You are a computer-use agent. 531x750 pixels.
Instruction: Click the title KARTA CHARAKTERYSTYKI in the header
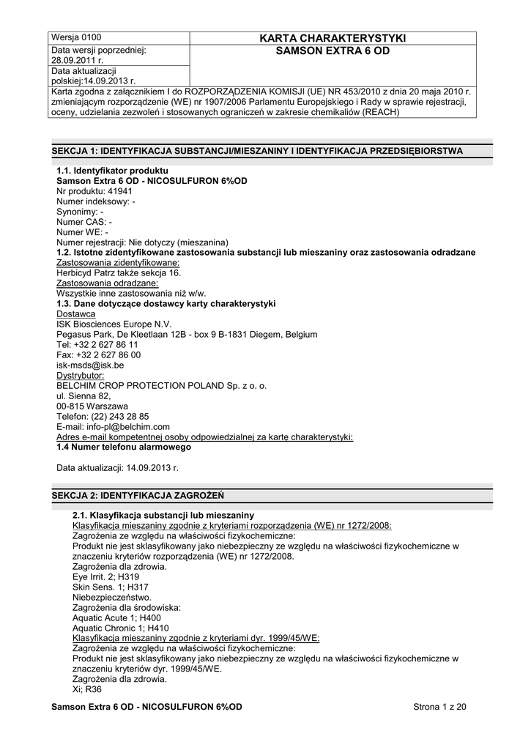[x=333, y=38]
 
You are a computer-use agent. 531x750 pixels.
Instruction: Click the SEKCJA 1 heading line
[x=256, y=151]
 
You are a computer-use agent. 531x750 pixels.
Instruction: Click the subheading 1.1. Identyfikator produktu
[x=107, y=170]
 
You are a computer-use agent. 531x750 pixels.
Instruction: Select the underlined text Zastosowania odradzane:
[x=108, y=283]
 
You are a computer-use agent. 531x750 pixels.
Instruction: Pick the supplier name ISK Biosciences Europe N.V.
[x=114, y=324]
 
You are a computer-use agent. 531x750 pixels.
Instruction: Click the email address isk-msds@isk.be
[x=90, y=365]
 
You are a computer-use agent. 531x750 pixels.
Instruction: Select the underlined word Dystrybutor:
[x=81, y=375]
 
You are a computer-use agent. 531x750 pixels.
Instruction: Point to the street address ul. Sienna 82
[x=83, y=396]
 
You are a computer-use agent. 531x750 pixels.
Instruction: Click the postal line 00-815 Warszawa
[x=92, y=406]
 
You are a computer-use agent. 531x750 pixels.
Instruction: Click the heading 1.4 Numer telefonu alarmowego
[x=124, y=447]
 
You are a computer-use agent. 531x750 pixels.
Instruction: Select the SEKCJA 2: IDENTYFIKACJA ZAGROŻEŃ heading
[x=138, y=495]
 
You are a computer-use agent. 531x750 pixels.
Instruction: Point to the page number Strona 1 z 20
[x=439, y=707]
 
